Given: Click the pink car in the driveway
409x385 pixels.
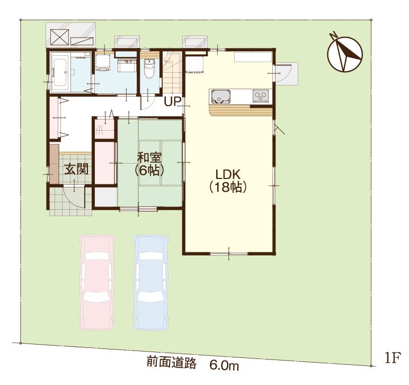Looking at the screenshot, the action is (97, 283).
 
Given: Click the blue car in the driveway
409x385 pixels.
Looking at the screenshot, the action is (151, 283).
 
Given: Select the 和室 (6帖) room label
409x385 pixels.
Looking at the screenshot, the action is (149, 164).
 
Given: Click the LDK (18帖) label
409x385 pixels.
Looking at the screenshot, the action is (228, 181).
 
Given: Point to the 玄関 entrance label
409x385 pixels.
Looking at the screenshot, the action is (77, 169).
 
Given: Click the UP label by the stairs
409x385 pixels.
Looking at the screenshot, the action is (172, 101).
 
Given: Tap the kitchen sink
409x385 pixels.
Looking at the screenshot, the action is (221, 96).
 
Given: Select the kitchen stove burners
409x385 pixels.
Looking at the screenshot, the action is (261, 96).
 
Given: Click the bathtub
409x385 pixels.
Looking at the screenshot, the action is (60, 71).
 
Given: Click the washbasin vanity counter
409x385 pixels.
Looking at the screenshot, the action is (127, 65).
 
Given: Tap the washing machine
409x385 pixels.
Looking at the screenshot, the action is (103, 63).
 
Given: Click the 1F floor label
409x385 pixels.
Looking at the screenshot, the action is (392, 358).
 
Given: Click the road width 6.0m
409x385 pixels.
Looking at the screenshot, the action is (224, 365).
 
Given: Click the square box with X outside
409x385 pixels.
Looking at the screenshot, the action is (60, 37).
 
